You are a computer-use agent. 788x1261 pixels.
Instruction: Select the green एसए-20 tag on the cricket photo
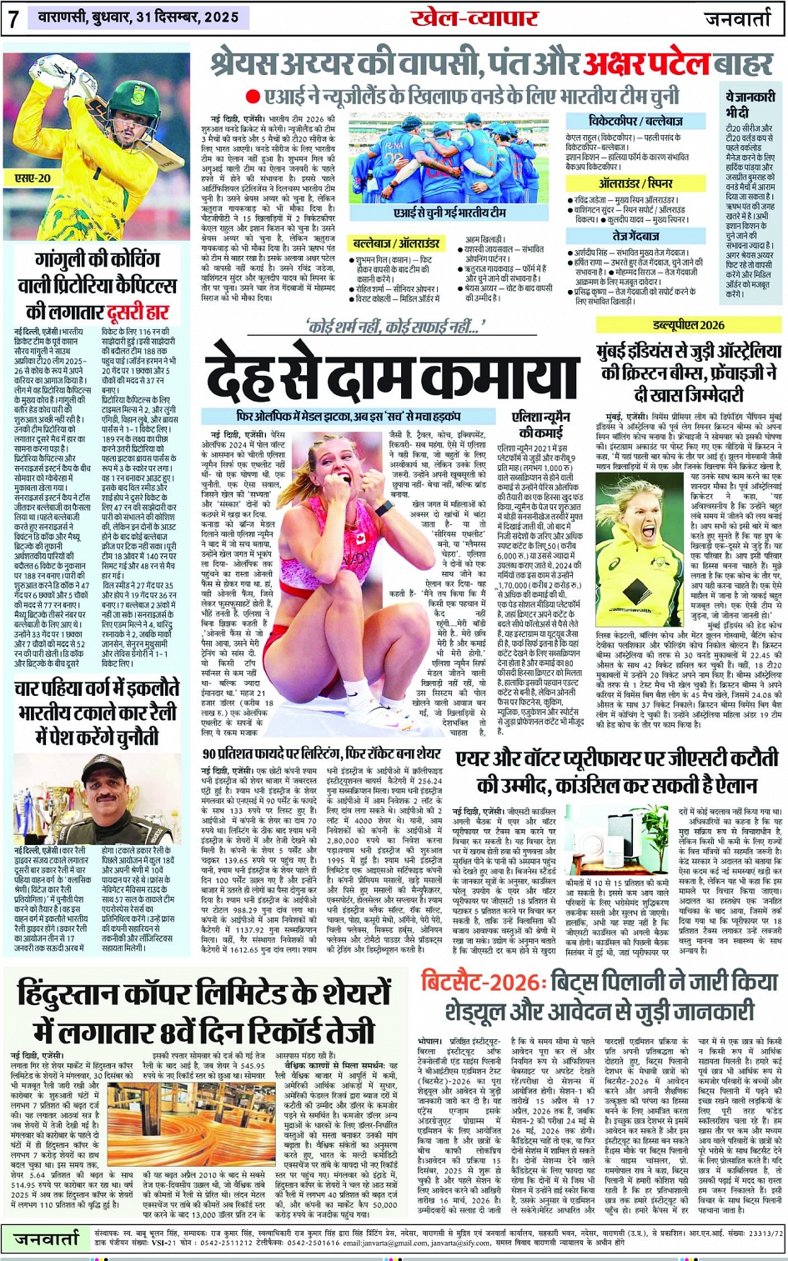click(x=34, y=178)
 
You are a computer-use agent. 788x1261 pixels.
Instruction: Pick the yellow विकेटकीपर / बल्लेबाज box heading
click(x=635, y=122)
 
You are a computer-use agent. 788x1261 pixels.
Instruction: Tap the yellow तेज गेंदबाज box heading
click(x=635, y=237)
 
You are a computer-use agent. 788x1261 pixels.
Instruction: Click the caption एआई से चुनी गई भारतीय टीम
click(x=449, y=213)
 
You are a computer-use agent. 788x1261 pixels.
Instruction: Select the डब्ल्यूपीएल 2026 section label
click(x=690, y=325)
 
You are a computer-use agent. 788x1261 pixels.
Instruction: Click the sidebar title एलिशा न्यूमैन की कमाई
click(x=541, y=425)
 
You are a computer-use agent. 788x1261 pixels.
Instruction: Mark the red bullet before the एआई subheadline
click(x=253, y=98)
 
